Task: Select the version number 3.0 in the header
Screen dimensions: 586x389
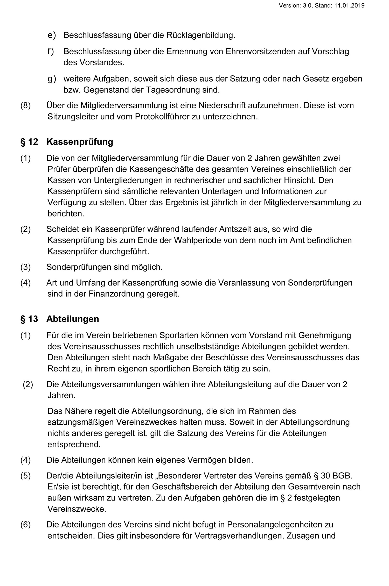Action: click(307, 5)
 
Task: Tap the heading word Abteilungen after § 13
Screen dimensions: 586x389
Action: click(73, 319)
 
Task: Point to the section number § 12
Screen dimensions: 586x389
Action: click(29, 142)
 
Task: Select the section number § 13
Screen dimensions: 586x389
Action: click(29, 319)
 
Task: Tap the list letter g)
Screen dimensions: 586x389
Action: click(52, 79)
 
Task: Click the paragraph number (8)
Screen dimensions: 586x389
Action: click(25, 105)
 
